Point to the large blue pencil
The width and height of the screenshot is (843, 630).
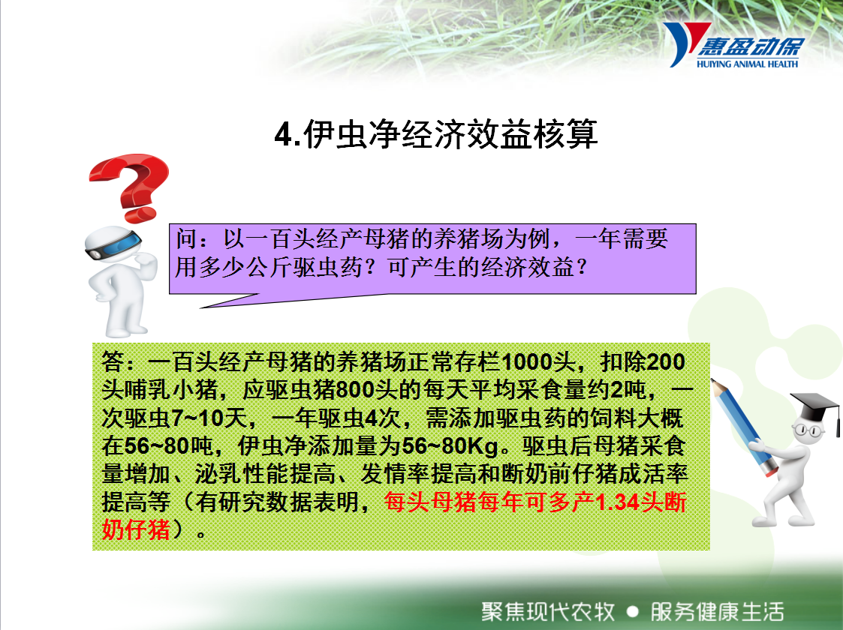point(745,427)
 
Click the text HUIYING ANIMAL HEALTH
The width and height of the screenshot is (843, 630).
point(748,64)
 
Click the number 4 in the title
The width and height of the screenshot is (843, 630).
point(283,134)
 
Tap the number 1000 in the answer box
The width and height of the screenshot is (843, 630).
point(525,362)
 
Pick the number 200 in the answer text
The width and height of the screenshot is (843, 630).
point(666,362)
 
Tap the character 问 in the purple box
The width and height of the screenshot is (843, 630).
point(187,239)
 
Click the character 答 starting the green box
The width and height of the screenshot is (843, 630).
point(113,362)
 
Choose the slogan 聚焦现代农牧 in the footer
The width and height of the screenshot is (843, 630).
point(548,611)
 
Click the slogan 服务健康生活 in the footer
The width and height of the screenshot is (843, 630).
point(717,611)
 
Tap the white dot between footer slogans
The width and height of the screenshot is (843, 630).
point(633,611)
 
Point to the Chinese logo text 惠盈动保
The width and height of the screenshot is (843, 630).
point(751,46)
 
